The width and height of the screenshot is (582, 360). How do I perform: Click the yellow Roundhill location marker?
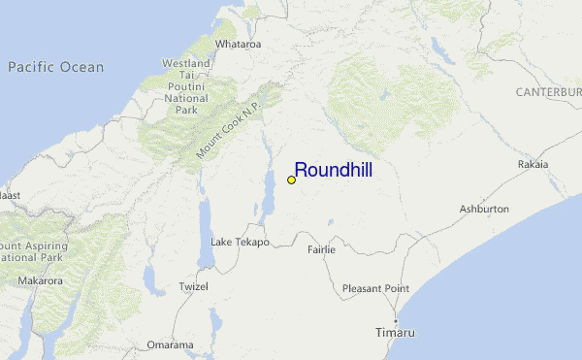[291, 180]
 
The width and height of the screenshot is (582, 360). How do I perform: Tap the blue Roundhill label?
[333, 170]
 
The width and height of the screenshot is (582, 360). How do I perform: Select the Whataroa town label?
[239, 45]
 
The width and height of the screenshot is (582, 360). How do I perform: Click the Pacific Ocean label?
[55, 67]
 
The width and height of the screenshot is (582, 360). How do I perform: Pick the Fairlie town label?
[321, 249]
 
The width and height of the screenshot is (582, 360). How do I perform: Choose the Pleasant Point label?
[375, 288]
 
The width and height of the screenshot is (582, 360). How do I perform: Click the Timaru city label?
[395, 333]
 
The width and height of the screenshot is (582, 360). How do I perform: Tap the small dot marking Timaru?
[396, 320]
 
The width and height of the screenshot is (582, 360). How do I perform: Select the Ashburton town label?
[484, 209]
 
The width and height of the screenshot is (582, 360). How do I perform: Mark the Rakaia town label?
[533, 165]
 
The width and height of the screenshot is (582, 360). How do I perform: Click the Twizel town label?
[194, 288]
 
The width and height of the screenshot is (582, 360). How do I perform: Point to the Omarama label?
[171, 344]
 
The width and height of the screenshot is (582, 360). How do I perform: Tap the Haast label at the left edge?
[9, 195]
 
